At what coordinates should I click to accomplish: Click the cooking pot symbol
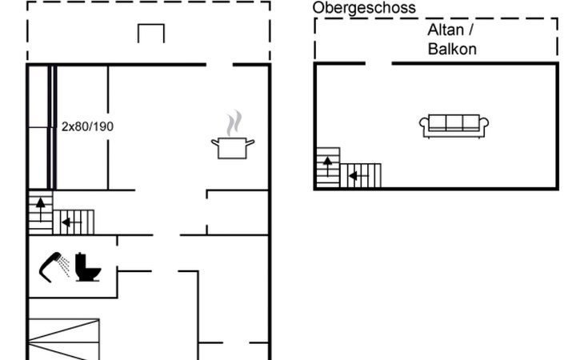[233, 148]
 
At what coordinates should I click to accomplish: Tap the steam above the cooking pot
[232, 123]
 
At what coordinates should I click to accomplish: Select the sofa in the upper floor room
[454, 126]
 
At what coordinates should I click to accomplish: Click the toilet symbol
[88, 268]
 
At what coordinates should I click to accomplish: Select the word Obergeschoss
[364, 8]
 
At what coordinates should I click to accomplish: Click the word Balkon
[452, 49]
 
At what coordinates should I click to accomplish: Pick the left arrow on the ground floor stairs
[67, 221]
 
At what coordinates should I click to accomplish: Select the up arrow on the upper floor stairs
[327, 163]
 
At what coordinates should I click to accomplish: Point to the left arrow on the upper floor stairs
[353, 175]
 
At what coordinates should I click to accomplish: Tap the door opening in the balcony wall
[378, 63]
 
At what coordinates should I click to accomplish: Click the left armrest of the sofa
[424, 124]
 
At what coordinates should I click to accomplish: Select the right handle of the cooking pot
[250, 143]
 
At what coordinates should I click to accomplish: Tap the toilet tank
[82, 262]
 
